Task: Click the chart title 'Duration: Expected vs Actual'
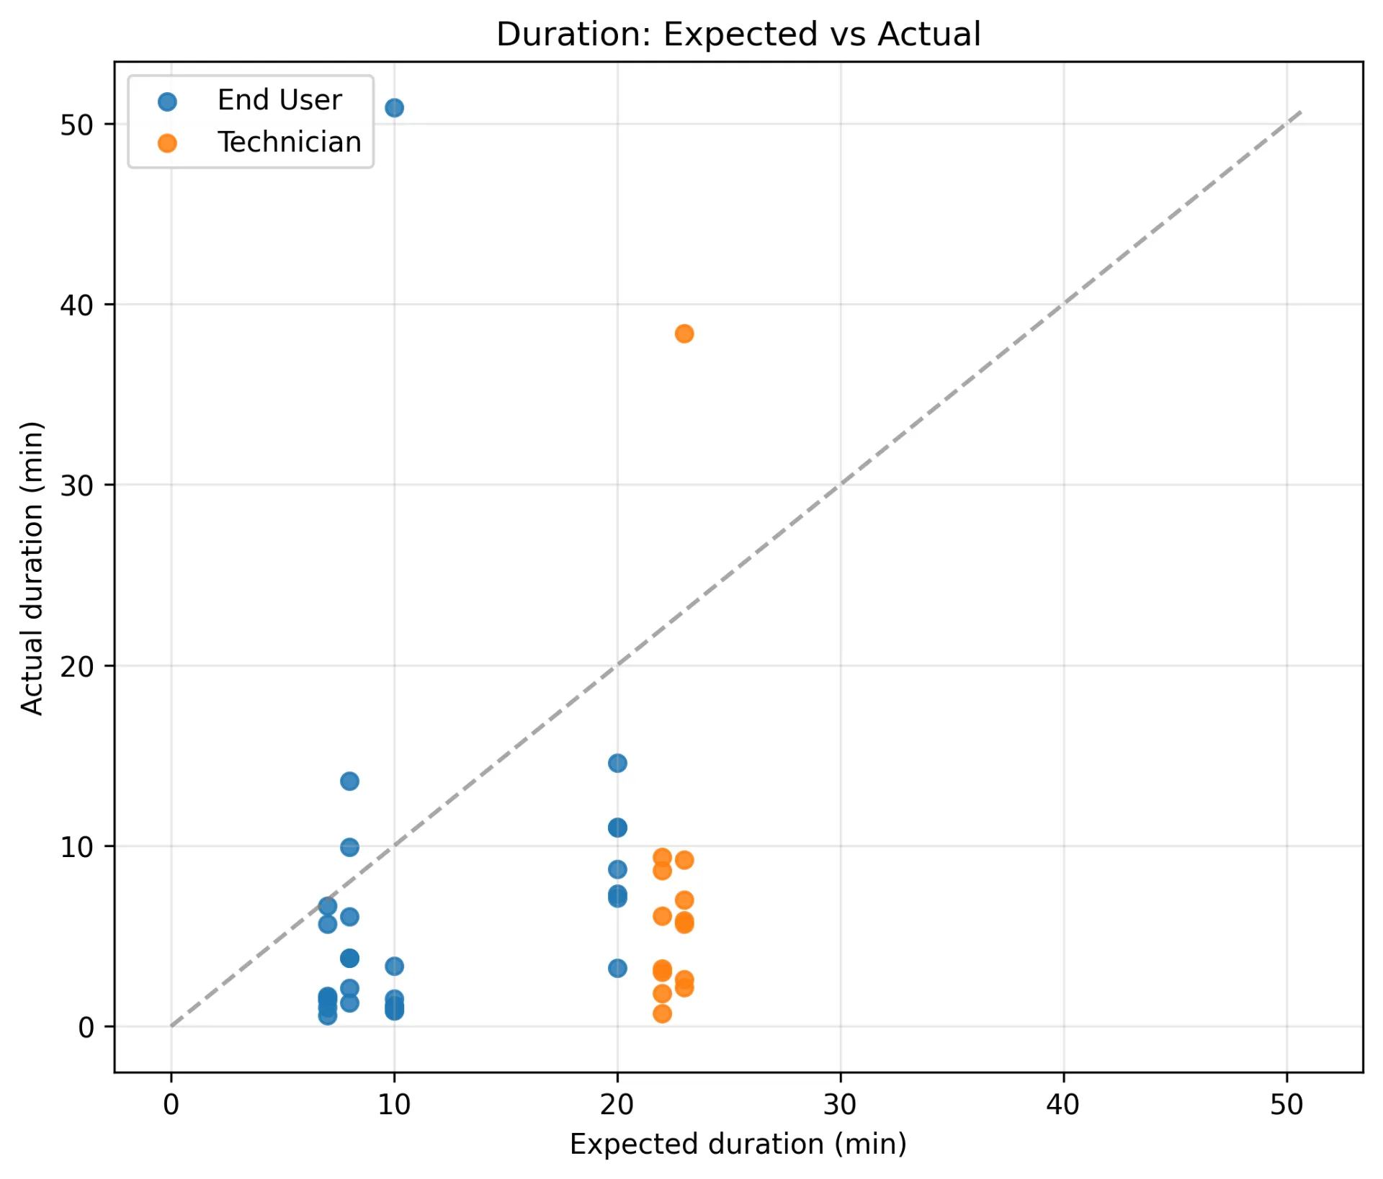pyautogui.click(x=738, y=35)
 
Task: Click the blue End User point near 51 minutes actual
pyautogui.click(x=394, y=108)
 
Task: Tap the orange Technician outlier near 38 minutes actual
pyautogui.click(x=684, y=333)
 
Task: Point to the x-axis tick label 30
pyautogui.click(x=840, y=1104)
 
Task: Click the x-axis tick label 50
pyautogui.click(x=1286, y=1104)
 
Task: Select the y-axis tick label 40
pyautogui.click(x=77, y=305)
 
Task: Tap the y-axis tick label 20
pyautogui.click(x=77, y=667)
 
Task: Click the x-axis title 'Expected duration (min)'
pyautogui.click(x=738, y=1144)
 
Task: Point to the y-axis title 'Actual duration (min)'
pyautogui.click(x=32, y=568)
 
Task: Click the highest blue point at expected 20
pyautogui.click(x=617, y=763)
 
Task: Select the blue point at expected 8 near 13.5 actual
pyautogui.click(x=349, y=781)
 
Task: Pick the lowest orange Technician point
pyautogui.click(x=662, y=1013)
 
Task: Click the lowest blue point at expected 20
pyautogui.click(x=617, y=968)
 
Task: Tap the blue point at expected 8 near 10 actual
pyautogui.click(x=349, y=847)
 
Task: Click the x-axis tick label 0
pyautogui.click(x=171, y=1104)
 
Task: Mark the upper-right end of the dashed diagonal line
pyautogui.click(x=1301, y=112)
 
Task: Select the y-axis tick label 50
pyautogui.click(x=77, y=125)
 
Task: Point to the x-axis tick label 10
pyautogui.click(x=394, y=1104)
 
